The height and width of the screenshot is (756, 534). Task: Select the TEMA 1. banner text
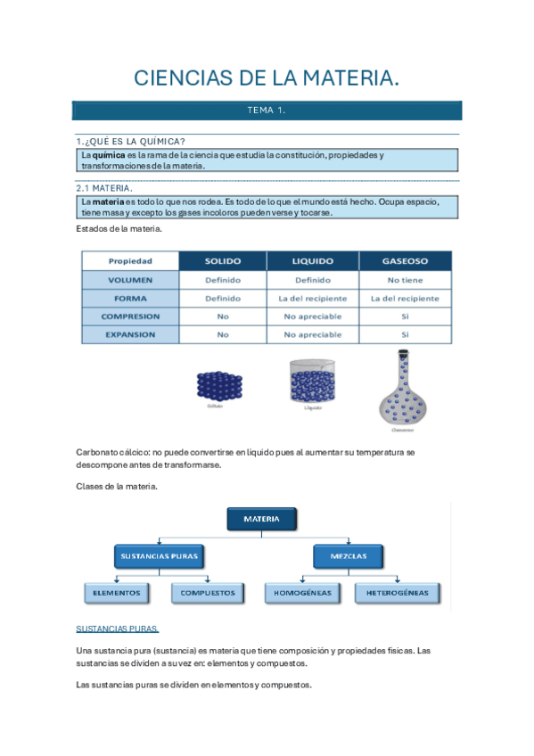pyautogui.click(x=266, y=111)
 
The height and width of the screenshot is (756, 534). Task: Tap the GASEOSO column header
pyautogui.click(x=405, y=261)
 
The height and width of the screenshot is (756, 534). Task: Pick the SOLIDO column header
pyautogui.click(x=223, y=261)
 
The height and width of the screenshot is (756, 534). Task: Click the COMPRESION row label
pyautogui.click(x=130, y=316)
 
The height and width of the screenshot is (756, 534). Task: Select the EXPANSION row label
pyautogui.click(x=130, y=335)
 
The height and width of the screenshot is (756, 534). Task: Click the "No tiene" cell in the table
pyautogui.click(x=405, y=280)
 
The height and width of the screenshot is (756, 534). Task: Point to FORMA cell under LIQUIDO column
pyautogui.click(x=312, y=299)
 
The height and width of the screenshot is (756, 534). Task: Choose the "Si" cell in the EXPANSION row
pyautogui.click(x=405, y=335)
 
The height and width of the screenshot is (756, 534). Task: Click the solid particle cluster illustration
pyautogui.click(x=218, y=385)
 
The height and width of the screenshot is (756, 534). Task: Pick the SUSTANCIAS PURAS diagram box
pyautogui.click(x=159, y=557)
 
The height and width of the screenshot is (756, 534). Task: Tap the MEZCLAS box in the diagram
pyautogui.click(x=352, y=557)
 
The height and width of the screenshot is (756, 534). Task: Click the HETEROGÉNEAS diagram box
pyautogui.click(x=395, y=592)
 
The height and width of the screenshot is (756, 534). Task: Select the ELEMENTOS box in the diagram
pyautogui.click(x=116, y=592)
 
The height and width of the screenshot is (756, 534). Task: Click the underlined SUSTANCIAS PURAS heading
pyautogui.click(x=118, y=629)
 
